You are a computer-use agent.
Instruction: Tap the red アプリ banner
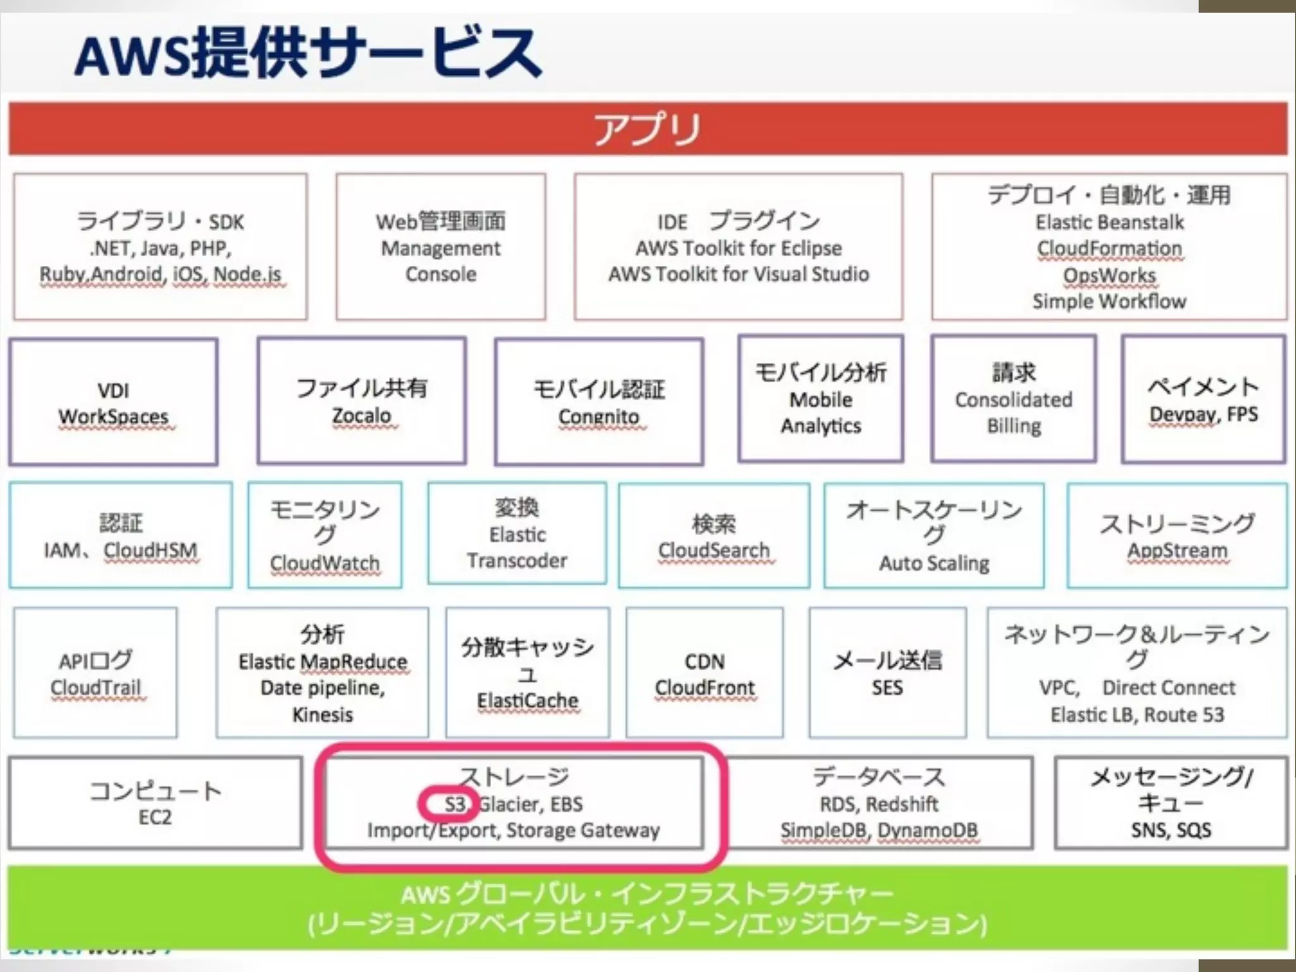pos(647,128)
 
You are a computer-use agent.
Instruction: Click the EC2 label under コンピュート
pos(155,817)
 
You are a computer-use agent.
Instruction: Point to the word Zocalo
pos(362,416)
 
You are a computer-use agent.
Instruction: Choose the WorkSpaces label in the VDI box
pos(114,416)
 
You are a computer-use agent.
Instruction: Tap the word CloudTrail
pos(96,687)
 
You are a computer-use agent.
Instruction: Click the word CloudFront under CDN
pos(705,688)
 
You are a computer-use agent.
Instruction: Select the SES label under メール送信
pos(887,688)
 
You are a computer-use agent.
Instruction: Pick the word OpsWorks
pos(1109,275)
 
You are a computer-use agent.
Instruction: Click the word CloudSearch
pos(714,551)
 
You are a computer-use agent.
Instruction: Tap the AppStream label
pos(1177,551)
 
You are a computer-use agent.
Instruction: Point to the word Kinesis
pos(323,715)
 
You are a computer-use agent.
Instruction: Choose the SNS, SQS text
pos(1171,830)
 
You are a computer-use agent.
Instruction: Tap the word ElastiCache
pos(528,701)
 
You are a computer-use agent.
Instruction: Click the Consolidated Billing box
pos(1014,400)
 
